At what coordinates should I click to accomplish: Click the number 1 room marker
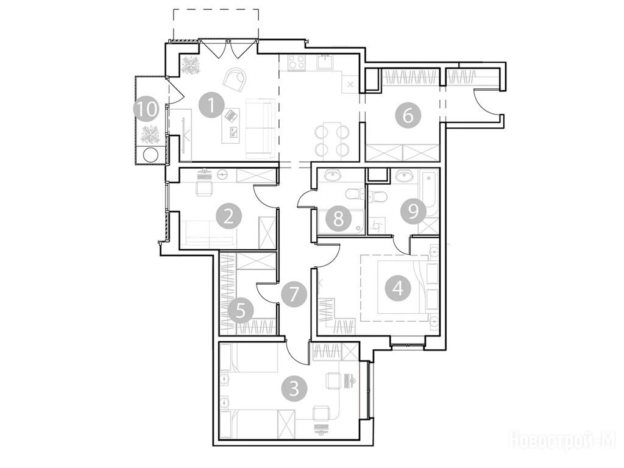click(211, 105)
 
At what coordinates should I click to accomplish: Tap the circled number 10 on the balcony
click(147, 109)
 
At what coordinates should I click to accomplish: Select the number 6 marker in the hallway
click(408, 116)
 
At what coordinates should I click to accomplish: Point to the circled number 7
click(294, 295)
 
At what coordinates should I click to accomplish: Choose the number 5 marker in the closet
click(240, 310)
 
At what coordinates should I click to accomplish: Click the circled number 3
click(294, 388)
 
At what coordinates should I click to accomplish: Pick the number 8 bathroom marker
click(338, 218)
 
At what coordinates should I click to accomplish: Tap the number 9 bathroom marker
click(414, 211)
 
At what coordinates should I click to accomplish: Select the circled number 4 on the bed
click(399, 288)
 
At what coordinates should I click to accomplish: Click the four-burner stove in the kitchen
click(296, 62)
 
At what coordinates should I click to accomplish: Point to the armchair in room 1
click(235, 79)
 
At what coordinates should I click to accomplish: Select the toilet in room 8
click(355, 194)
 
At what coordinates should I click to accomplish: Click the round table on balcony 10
click(151, 155)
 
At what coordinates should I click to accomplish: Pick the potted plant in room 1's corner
click(190, 65)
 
